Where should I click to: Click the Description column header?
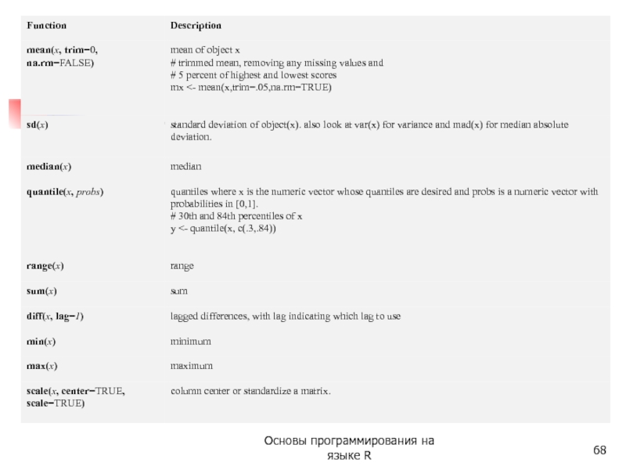point(196,26)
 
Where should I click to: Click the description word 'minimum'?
point(191,342)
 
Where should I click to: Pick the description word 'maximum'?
point(192,367)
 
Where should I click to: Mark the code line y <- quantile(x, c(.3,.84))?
point(224,230)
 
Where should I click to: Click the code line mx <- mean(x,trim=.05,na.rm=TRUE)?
point(251,88)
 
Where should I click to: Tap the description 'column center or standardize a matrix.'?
point(250,391)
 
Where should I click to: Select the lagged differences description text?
point(286,316)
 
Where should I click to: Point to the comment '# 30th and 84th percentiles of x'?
point(237,217)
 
